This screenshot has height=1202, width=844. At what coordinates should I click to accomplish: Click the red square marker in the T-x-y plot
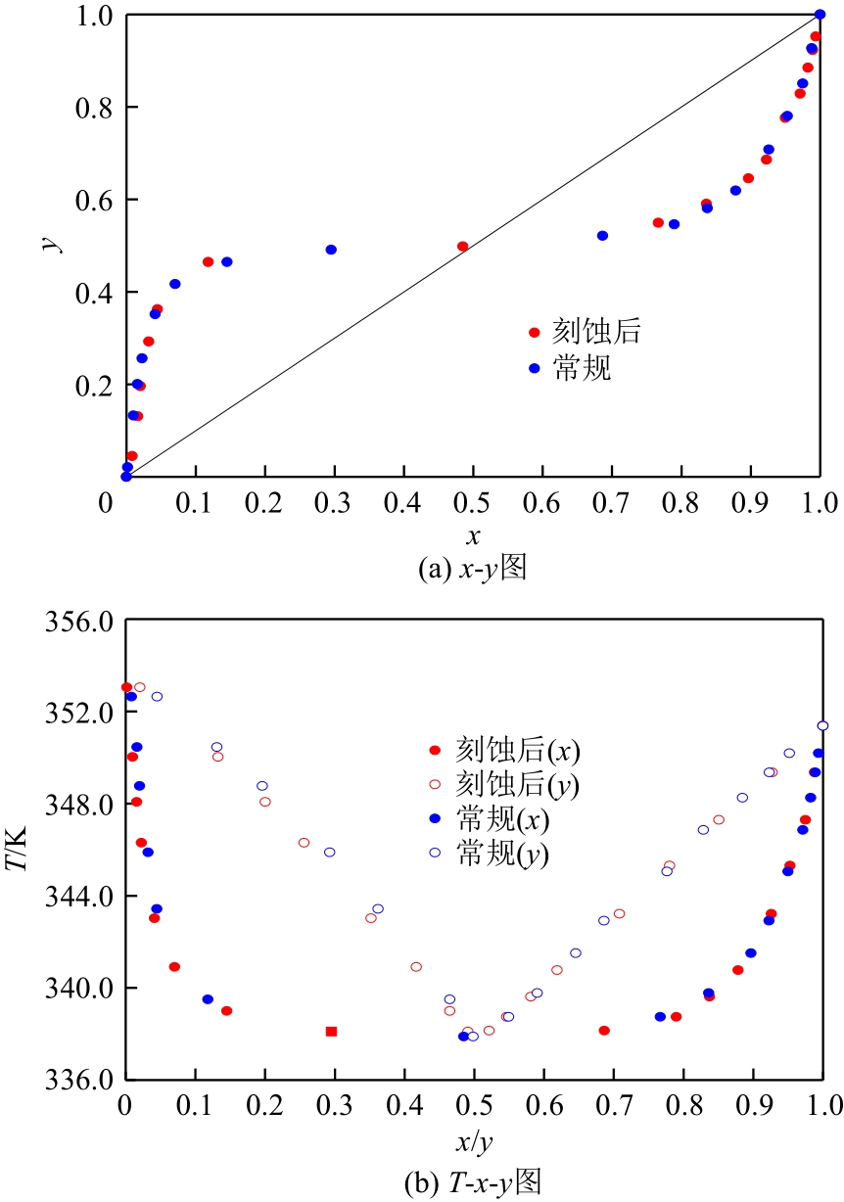(x=331, y=1031)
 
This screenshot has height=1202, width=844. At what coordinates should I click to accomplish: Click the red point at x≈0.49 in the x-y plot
(x=463, y=247)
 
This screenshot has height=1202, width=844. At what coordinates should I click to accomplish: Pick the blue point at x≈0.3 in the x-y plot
(x=331, y=250)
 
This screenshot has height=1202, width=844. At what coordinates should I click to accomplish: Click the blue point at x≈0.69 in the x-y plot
(x=602, y=236)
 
